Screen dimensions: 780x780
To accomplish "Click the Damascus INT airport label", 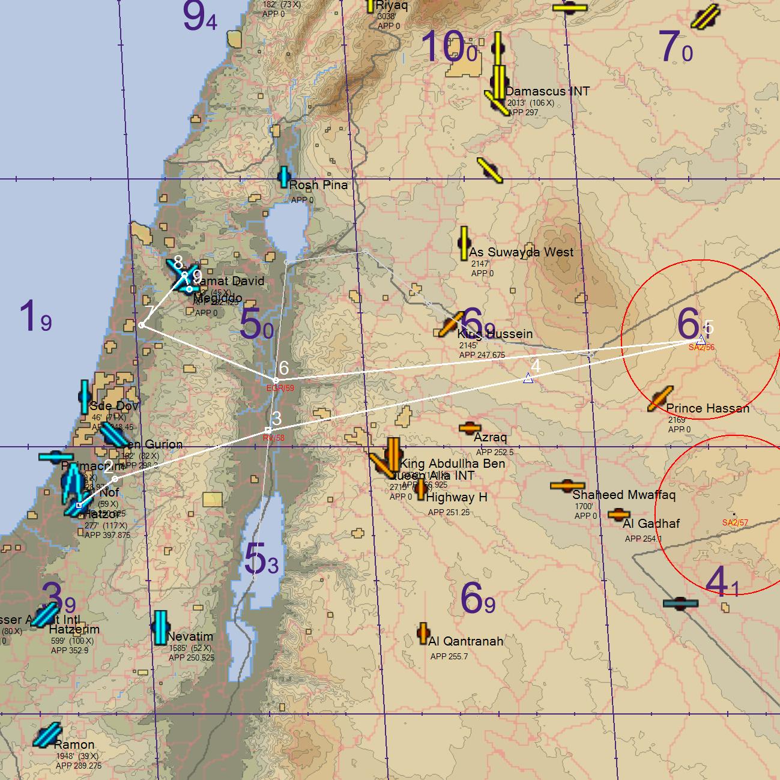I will pyautogui.click(x=547, y=91).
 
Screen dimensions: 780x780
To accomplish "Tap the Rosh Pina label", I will pyautogui.click(x=318, y=185).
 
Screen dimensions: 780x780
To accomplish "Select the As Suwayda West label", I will pyautogui.click(x=521, y=252).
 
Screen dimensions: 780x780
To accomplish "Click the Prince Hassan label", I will pyautogui.click(x=707, y=408).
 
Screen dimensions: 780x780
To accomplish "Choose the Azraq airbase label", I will pyautogui.click(x=490, y=437).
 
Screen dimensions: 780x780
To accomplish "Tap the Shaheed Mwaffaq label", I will pyautogui.click(x=623, y=495).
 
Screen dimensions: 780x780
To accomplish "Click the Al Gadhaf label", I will pyautogui.click(x=651, y=524).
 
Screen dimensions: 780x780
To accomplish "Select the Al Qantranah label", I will pyautogui.click(x=465, y=641).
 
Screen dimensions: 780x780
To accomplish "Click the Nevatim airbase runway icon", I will pyautogui.click(x=160, y=627).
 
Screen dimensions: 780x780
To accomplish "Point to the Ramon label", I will pyautogui.click(x=74, y=745).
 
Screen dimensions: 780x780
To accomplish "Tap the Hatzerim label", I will pyautogui.click(x=74, y=629).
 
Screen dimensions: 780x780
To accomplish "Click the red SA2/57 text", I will pyautogui.click(x=735, y=522).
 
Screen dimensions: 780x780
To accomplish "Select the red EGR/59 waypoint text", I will pyautogui.click(x=280, y=388).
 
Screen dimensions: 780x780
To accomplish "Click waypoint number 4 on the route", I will pyautogui.click(x=528, y=378).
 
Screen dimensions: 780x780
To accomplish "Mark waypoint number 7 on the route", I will pyautogui.click(x=142, y=325).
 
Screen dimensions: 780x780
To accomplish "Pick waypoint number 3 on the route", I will pyautogui.click(x=268, y=430).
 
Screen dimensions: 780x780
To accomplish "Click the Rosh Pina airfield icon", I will pyautogui.click(x=284, y=177).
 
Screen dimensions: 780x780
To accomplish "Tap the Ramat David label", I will pyautogui.click(x=231, y=281).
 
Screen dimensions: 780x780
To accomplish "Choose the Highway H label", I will pyautogui.click(x=456, y=497).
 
